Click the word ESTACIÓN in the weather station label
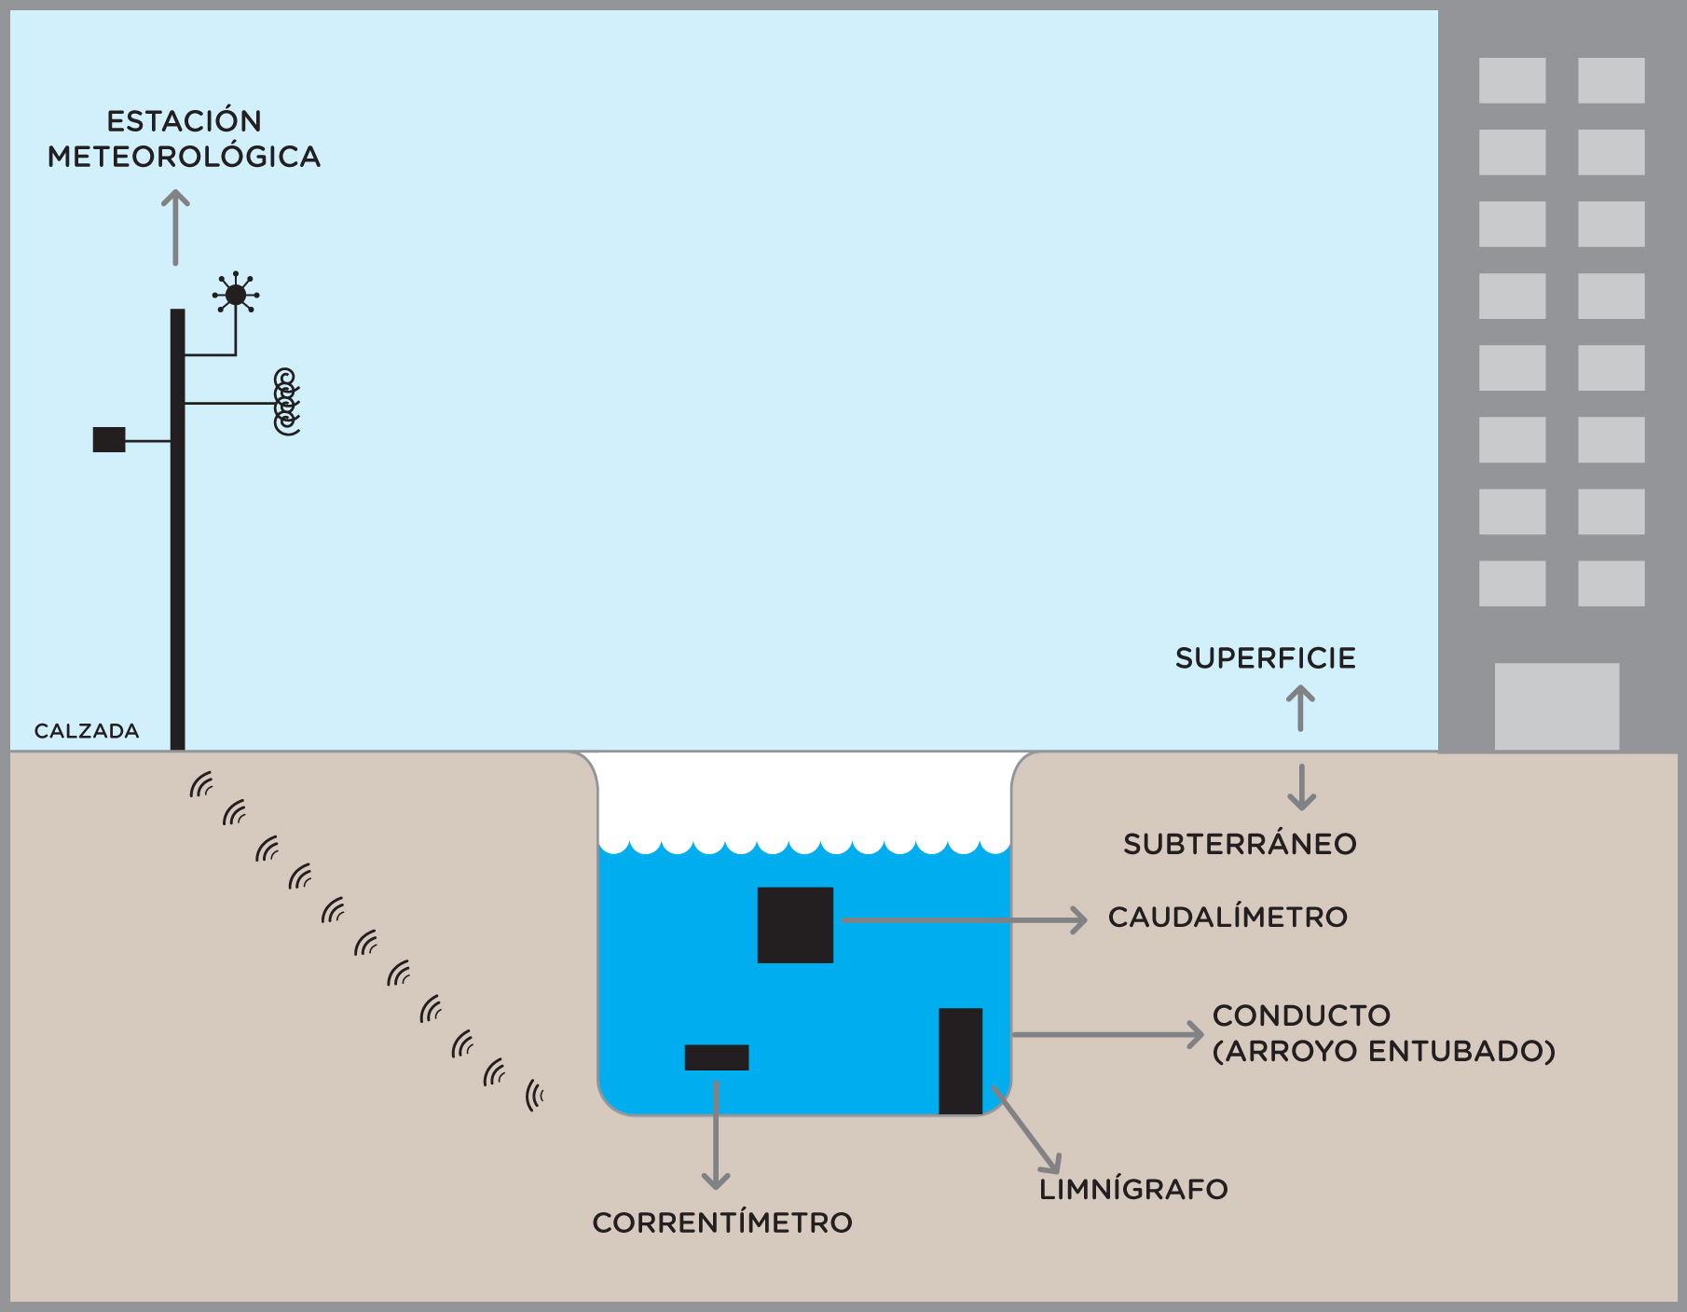pos(184,121)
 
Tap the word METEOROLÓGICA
pos(184,157)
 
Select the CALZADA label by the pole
pos(87,731)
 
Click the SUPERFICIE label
pos(1265,658)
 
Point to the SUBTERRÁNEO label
pos(1240,844)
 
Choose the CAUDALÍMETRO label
pos(1228,918)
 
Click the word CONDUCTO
pos(1301,1015)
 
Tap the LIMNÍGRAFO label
pos(1133,1190)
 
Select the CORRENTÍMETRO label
pos(722,1223)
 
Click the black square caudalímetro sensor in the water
pos(795,925)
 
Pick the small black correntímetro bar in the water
pos(717,1057)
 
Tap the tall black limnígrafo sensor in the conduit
pos(960,1061)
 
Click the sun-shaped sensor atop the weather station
pos(236,296)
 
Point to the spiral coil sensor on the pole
pos(286,402)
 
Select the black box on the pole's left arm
pos(109,439)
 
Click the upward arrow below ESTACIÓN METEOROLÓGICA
pos(175,228)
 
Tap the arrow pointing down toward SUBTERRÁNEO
pos(1301,787)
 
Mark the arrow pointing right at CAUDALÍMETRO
pos(965,920)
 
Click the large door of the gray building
pos(1557,706)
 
